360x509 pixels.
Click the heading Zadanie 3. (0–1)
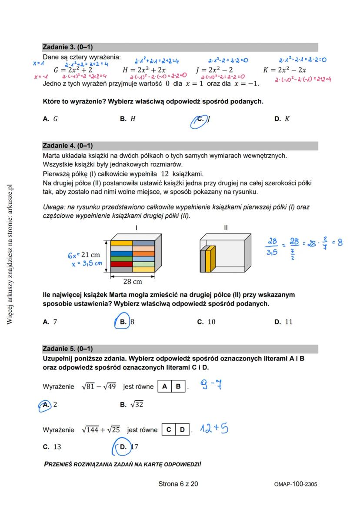point(67,47)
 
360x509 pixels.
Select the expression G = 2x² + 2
point(73,70)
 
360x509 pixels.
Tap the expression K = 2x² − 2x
point(284,70)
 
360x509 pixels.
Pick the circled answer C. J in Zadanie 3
point(203,119)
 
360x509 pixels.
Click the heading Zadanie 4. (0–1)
point(67,146)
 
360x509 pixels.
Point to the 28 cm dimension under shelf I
point(133,281)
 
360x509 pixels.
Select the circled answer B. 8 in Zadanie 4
point(127,322)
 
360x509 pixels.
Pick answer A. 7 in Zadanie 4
point(50,322)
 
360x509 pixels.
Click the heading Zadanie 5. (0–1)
point(67,349)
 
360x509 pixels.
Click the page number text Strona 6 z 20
point(178,484)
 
